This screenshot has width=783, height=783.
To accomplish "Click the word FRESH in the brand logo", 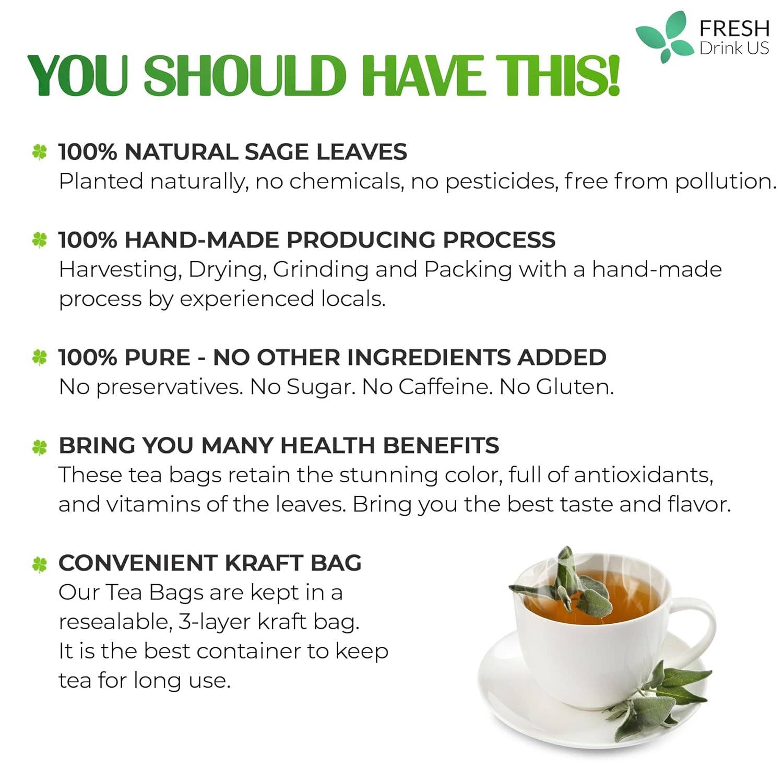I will tap(734, 28).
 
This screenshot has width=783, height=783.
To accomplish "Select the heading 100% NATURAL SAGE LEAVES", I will tap(232, 152).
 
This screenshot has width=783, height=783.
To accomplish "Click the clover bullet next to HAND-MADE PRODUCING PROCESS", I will tap(40, 240).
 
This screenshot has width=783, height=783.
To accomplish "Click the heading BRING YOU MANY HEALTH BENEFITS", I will tap(278, 445).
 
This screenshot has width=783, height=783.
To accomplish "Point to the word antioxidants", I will tap(643, 475).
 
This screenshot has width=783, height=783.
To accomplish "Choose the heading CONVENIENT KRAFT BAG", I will tap(210, 563).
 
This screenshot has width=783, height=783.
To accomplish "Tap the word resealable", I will tap(115, 622).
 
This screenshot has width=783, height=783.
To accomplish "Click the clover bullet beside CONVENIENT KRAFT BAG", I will tap(40, 564).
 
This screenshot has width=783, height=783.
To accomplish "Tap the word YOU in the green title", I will tap(78, 76).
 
